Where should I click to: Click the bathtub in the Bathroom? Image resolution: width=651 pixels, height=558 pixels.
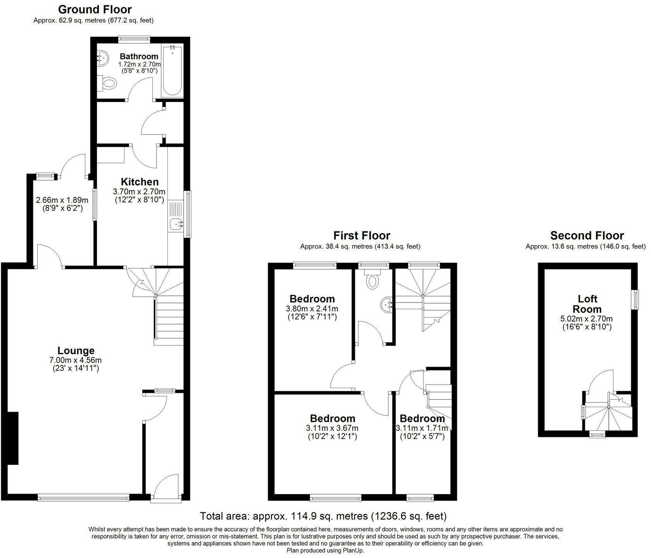[172, 71]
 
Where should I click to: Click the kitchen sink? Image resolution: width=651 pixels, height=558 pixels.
[176, 223]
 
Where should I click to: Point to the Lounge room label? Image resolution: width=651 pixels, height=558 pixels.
[76, 351]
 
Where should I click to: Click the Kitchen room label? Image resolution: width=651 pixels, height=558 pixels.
[140, 181]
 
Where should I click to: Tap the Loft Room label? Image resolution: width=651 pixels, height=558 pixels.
[587, 304]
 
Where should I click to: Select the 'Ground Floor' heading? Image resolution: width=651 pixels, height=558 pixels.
[95, 9]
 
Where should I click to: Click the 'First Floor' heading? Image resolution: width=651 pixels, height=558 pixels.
[362, 235]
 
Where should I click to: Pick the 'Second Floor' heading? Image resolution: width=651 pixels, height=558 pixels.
[587, 235]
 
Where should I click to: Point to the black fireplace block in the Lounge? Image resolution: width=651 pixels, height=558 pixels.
[13, 438]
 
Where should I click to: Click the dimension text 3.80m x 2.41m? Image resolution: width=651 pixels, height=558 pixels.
[312, 309]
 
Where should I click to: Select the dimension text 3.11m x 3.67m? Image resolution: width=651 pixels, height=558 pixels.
[332, 428]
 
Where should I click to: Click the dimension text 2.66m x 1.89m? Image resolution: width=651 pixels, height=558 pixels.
[62, 200]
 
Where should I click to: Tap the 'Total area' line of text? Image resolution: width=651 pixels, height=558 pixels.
[323, 516]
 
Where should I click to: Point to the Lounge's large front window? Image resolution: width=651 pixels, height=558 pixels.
[83, 497]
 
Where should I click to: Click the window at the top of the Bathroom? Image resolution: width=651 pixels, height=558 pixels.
[134, 38]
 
